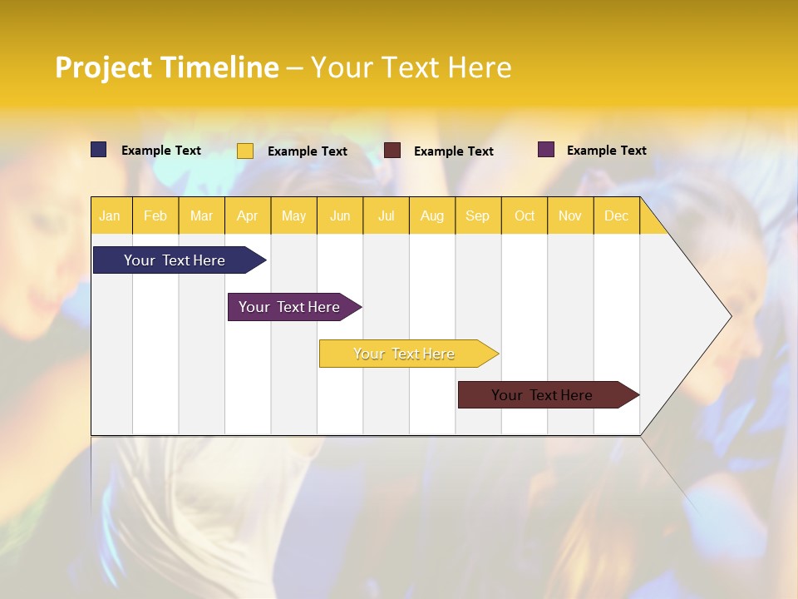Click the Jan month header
tap(111, 215)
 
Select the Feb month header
tap(155, 215)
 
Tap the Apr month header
tap(248, 215)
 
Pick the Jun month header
tap(340, 215)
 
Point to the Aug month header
tap(432, 215)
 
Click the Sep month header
tap(478, 215)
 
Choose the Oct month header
tap(525, 215)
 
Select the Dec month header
tap(617, 215)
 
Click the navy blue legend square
tap(99, 150)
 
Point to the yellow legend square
tap(245, 151)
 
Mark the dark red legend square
tap(392, 151)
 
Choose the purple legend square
tap(546, 150)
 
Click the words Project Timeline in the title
tap(166, 67)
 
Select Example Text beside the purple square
tap(606, 151)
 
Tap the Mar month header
tap(201, 215)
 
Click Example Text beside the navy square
tap(161, 151)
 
